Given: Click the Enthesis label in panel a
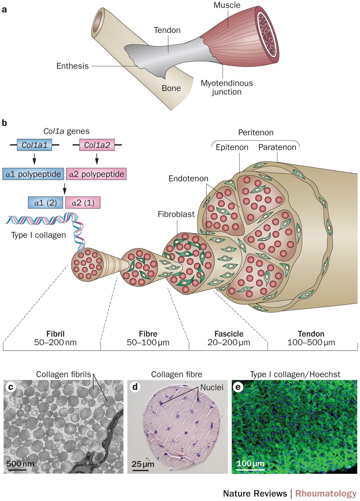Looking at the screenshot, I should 72,66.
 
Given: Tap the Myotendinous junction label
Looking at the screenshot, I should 227,87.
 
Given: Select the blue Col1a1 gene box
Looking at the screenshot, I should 35,145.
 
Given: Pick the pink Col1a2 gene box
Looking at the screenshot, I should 97,145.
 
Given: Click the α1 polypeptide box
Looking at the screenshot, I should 33,174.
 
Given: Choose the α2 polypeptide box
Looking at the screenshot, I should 96,174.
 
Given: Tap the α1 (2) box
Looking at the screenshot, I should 46,203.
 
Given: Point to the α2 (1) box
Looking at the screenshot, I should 83,203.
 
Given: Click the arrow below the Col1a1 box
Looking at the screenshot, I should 34,159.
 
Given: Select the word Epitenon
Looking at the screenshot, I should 232,147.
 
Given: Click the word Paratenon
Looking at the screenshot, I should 277,147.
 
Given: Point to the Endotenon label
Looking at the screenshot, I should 188,179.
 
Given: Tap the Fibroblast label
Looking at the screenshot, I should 176,214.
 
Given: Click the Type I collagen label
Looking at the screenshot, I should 38,235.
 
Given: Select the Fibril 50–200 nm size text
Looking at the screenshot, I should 55,338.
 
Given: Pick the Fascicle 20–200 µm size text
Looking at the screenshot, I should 229,338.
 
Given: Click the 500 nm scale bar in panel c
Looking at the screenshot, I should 16,469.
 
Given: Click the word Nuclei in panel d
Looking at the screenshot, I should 212,388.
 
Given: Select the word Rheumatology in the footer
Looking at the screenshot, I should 326,493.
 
